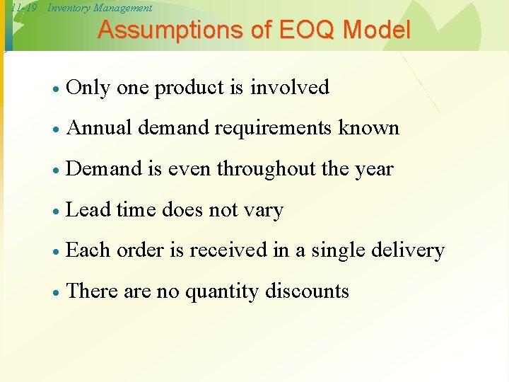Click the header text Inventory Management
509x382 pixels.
[x=100, y=8]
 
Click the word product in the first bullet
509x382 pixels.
[x=189, y=88]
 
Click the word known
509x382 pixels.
[x=369, y=128]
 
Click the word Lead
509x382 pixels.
[x=88, y=210]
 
